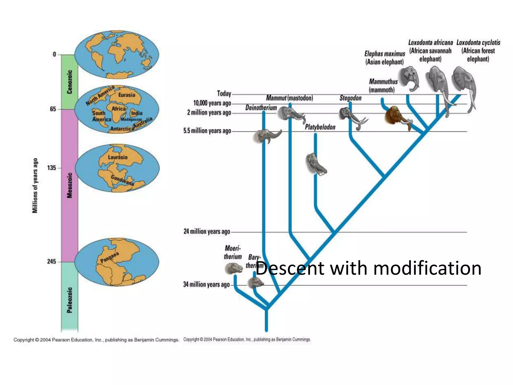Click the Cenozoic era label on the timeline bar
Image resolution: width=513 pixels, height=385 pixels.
[70, 82]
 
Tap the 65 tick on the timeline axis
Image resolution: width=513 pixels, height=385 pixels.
[53, 109]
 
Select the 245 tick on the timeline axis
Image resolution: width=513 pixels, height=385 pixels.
[52, 261]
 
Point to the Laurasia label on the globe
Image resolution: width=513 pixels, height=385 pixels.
[117, 157]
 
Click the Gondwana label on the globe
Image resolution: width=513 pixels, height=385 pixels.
[122, 180]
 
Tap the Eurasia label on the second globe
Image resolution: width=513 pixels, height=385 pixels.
[127, 95]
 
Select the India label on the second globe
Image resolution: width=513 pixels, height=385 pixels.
[137, 113]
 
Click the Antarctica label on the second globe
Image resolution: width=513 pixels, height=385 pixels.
[122, 129]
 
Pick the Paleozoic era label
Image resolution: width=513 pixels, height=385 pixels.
[70, 300]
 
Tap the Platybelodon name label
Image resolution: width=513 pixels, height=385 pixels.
[320, 127]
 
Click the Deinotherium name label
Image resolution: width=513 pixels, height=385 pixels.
[261, 108]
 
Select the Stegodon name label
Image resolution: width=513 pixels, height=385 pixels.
[350, 98]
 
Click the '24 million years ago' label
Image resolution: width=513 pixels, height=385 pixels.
[207, 231]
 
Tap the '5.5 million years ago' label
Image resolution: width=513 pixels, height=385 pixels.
[207, 131]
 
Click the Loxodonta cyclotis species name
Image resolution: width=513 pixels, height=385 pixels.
[478, 43]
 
